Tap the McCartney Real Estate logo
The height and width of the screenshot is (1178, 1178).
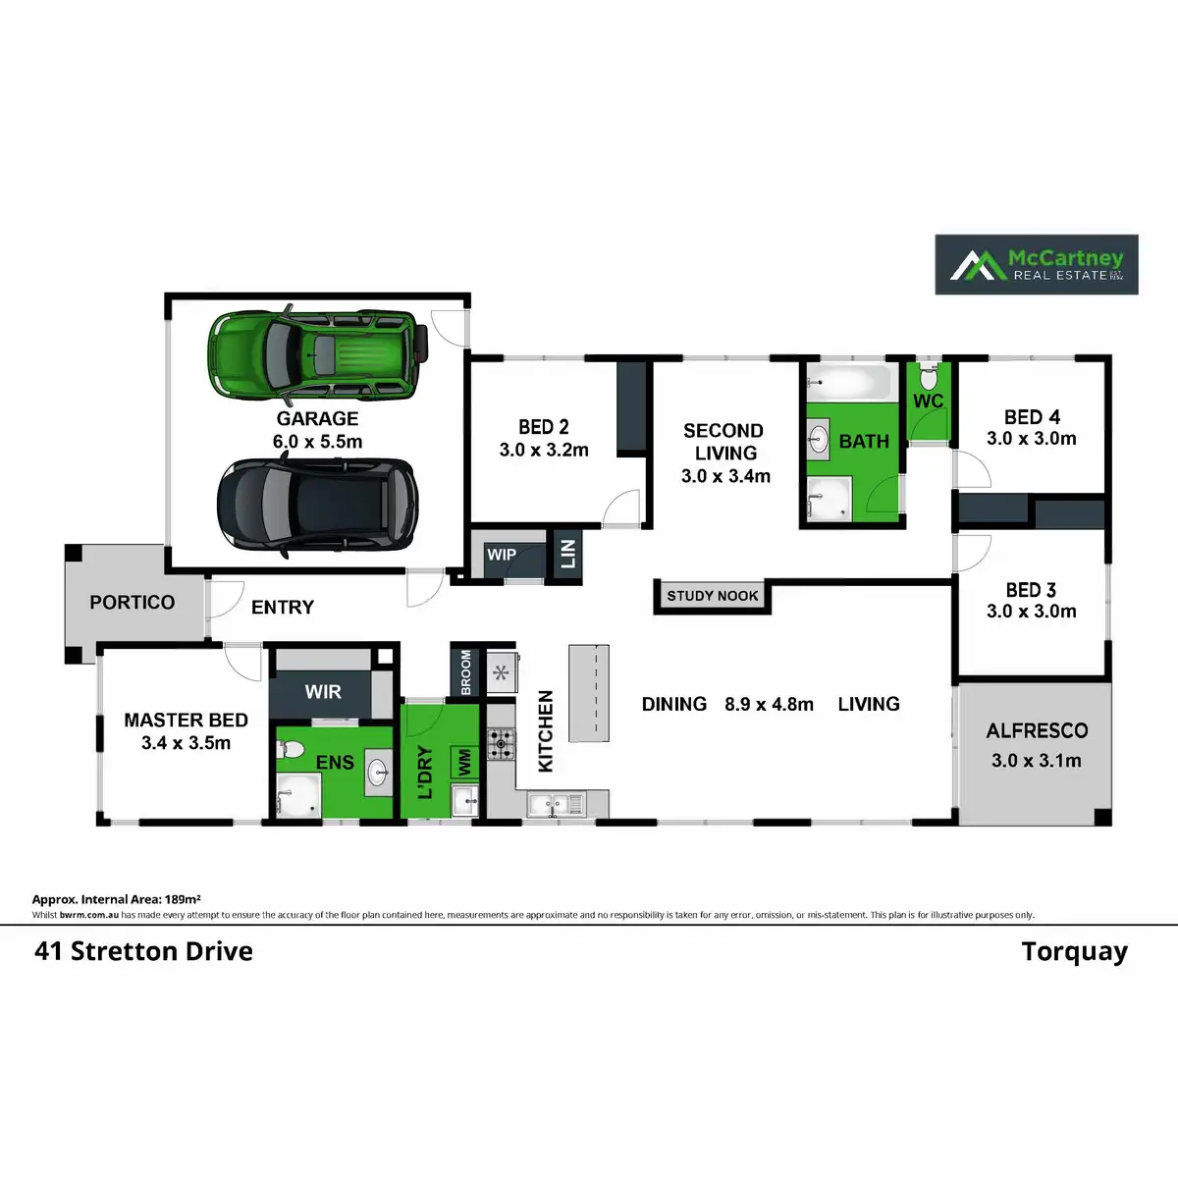click(x=1036, y=264)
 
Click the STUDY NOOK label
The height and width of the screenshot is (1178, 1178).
click(x=713, y=596)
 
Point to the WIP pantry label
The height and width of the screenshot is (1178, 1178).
click(x=502, y=555)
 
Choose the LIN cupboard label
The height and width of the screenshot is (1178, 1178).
click(x=568, y=555)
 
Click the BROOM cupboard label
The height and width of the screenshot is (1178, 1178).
click(x=466, y=671)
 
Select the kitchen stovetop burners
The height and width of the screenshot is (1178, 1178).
click(x=501, y=743)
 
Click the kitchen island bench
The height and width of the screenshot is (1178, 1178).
click(x=589, y=692)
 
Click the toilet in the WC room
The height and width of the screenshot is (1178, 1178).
click(x=928, y=376)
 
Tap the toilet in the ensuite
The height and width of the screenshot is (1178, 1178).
click(x=290, y=751)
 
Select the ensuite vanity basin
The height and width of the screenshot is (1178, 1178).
click(x=378, y=774)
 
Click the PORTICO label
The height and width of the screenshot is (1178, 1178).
click(x=133, y=603)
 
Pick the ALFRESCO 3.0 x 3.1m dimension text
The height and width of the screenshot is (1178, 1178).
click(x=1037, y=761)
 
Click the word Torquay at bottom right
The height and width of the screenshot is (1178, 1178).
click(x=1074, y=952)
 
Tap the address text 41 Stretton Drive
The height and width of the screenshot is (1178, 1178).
click(x=144, y=952)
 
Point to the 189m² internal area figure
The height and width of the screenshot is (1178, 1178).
click(x=183, y=899)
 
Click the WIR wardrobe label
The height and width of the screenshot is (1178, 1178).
click(x=323, y=692)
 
